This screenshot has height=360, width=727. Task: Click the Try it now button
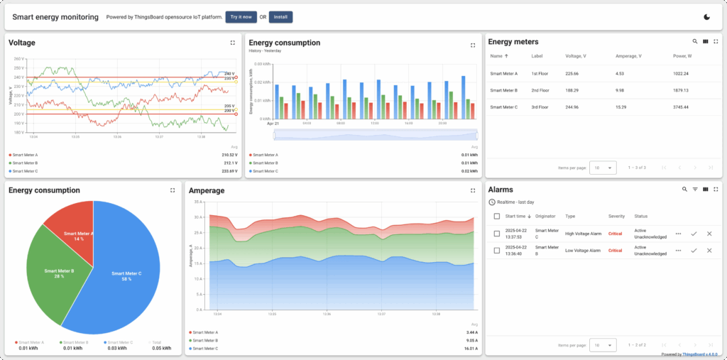tap(241, 17)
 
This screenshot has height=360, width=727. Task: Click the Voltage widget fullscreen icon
tap(233, 43)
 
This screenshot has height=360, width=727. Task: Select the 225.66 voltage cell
tap(572, 73)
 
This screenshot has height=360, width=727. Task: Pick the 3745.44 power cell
tap(681, 107)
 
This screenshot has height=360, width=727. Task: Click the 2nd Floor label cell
tap(540, 90)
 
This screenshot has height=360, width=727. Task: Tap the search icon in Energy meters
tap(694, 42)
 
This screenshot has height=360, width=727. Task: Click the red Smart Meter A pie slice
tap(71, 227)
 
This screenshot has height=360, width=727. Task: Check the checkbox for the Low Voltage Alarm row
tap(497, 250)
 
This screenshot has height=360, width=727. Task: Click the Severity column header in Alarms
tap(616, 216)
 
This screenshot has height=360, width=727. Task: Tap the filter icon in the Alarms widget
tap(695, 190)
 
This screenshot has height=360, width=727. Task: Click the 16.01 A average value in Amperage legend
tap(471, 349)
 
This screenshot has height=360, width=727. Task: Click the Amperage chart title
tap(207, 190)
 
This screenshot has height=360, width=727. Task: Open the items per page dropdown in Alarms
tap(602, 344)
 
